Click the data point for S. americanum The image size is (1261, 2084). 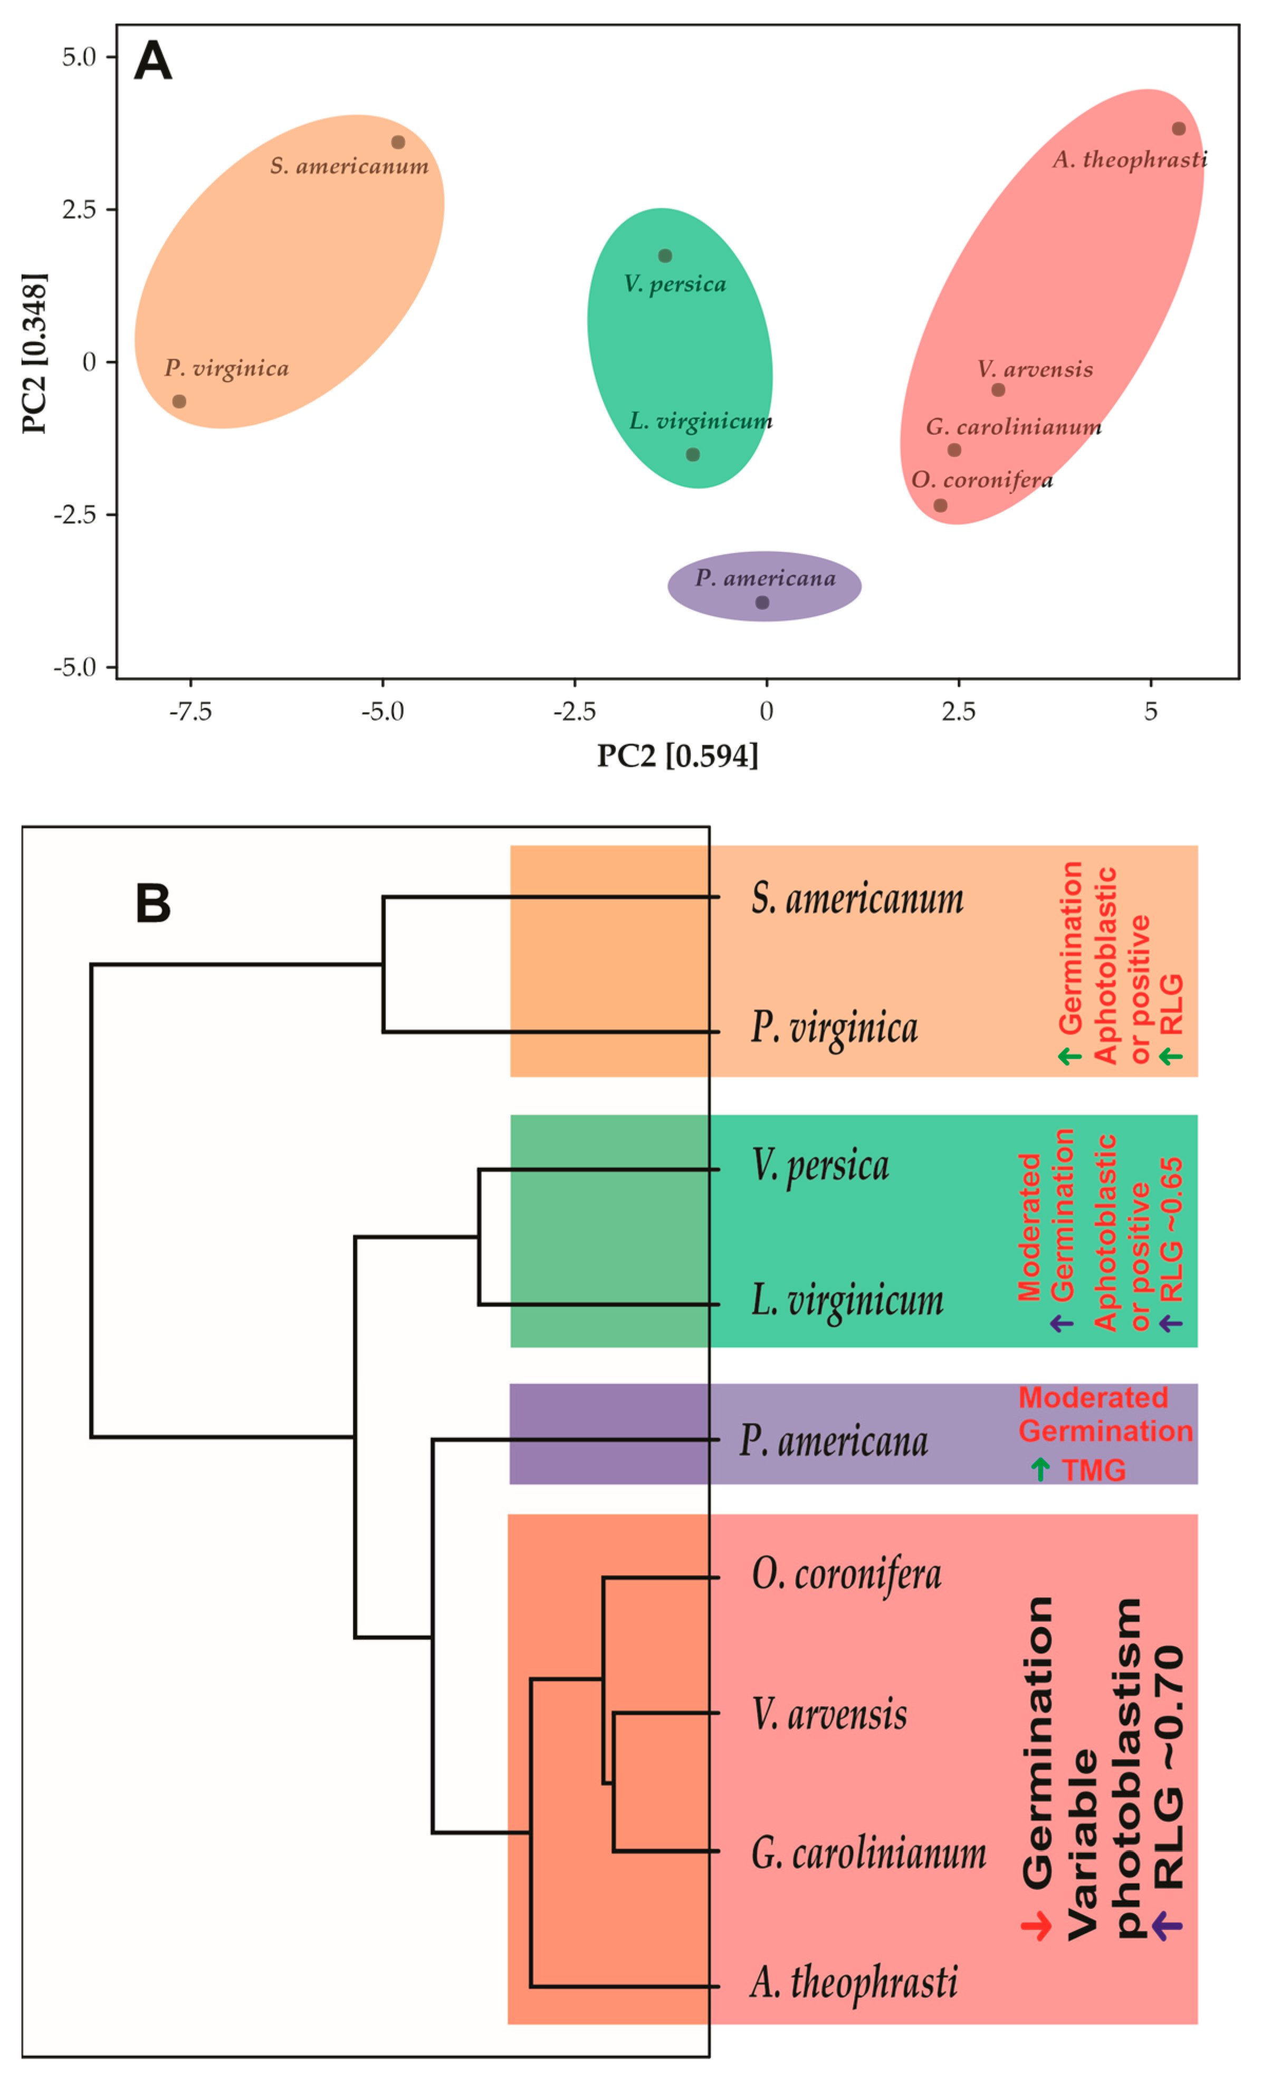pyautogui.click(x=397, y=142)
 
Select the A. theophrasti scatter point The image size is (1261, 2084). pyautogui.click(x=1178, y=129)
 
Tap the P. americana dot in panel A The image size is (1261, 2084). pyautogui.click(x=762, y=602)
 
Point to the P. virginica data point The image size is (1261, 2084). pyautogui.click(x=178, y=401)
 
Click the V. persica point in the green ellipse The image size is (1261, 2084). pyautogui.click(x=665, y=255)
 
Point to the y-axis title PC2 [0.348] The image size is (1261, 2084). pyautogui.click(x=35, y=353)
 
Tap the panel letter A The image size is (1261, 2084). pyautogui.click(x=153, y=62)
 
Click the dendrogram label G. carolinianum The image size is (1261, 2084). pyautogui.click(x=868, y=1853)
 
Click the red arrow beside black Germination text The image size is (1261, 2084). pyautogui.click(x=1036, y=1927)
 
